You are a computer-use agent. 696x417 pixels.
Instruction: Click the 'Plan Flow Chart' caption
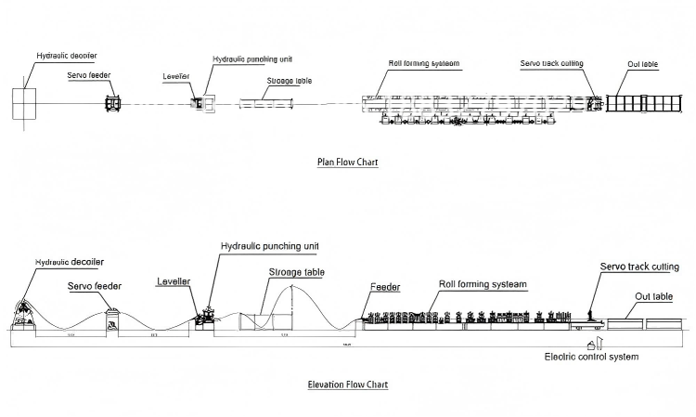(348, 162)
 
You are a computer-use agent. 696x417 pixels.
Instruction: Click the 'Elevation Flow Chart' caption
(348, 384)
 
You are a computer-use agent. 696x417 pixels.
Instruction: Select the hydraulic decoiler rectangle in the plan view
(25, 103)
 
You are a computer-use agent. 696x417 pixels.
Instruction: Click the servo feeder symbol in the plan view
(113, 103)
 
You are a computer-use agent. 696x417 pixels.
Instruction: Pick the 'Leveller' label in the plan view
(176, 75)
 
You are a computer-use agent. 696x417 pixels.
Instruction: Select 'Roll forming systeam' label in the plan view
(424, 64)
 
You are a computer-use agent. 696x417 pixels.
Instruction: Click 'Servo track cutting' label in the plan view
(552, 64)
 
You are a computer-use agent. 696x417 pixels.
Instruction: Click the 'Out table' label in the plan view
(643, 64)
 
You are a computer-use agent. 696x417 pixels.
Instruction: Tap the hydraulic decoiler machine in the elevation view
(25, 316)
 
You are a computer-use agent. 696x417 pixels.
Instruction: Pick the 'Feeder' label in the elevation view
(384, 288)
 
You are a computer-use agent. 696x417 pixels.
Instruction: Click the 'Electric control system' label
(591, 357)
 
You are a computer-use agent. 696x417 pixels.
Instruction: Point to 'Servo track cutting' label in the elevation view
(639, 267)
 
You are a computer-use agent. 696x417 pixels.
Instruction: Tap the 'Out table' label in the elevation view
(654, 297)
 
